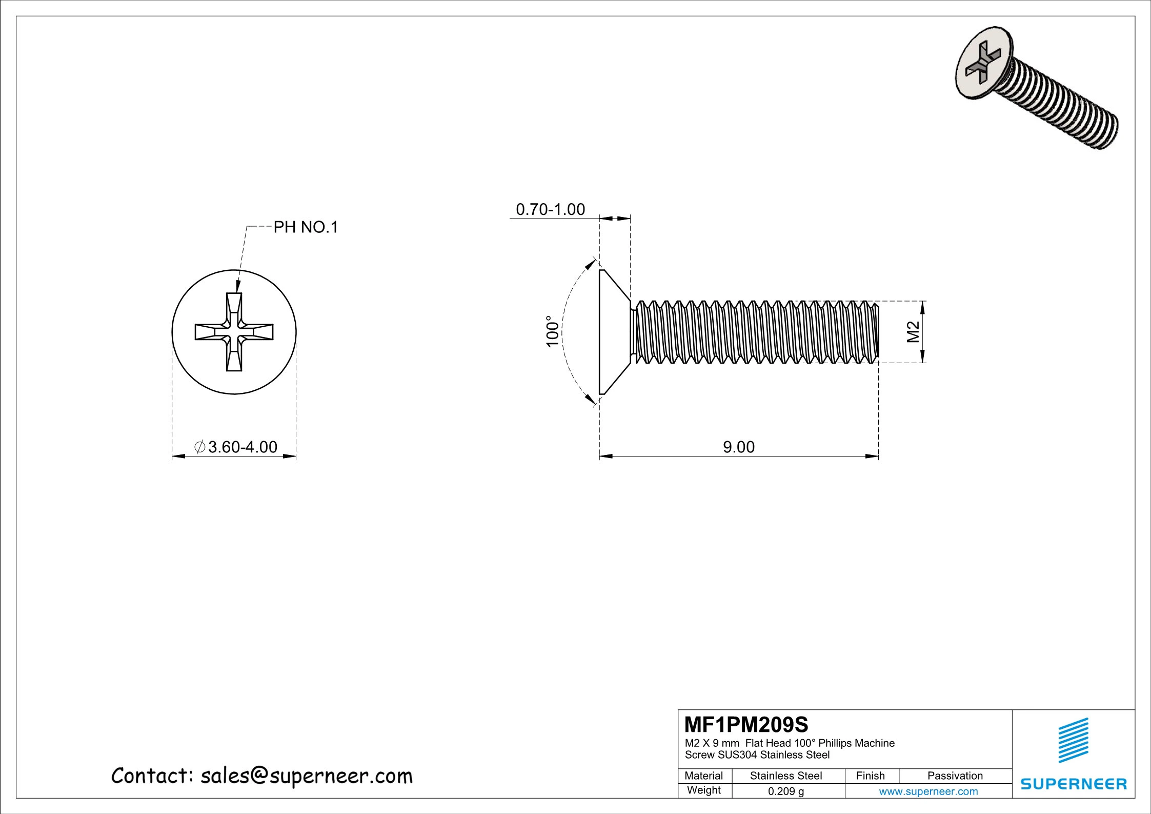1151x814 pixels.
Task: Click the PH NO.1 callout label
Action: pyautogui.click(x=306, y=227)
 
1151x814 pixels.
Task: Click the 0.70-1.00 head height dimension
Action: pyautogui.click(x=550, y=209)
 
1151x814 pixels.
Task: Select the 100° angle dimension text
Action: pyautogui.click(x=552, y=331)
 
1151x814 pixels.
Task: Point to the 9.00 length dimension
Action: pyautogui.click(x=738, y=447)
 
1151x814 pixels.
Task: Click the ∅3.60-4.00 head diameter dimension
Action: pyautogui.click(x=236, y=447)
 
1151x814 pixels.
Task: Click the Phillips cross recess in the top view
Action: pyautogui.click(x=234, y=332)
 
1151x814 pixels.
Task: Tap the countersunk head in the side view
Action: pyautogui.click(x=612, y=332)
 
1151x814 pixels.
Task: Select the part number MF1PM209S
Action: pyautogui.click(x=746, y=725)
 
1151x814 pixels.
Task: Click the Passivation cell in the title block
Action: pyautogui.click(x=955, y=776)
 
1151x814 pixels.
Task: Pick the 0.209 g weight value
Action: pyautogui.click(x=785, y=791)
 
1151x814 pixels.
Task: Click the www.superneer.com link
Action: pyautogui.click(x=928, y=791)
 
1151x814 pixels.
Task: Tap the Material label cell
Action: pyautogui.click(x=703, y=776)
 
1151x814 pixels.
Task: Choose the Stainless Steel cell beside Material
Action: pyautogui.click(x=785, y=776)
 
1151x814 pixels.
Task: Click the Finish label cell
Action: pyautogui.click(x=870, y=776)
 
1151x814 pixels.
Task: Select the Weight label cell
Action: pyautogui.click(x=703, y=790)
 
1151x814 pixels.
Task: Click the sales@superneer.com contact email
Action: pyautogui.click(x=306, y=776)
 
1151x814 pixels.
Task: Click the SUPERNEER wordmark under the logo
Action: pyautogui.click(x=1074, y=784)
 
